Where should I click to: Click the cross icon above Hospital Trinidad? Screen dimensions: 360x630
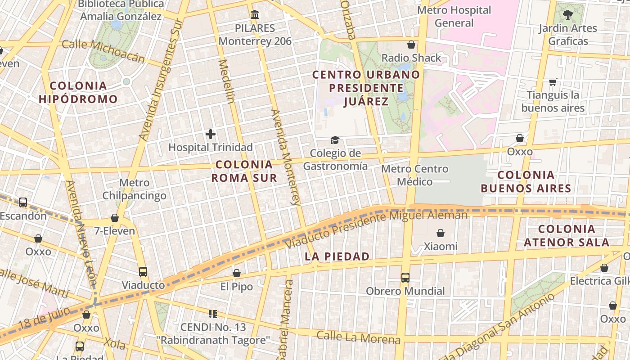point(210,134)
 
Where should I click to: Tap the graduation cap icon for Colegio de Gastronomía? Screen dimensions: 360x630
point(335,140)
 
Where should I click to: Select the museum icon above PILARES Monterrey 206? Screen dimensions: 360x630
point(255,15)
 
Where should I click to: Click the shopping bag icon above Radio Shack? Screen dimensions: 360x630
point(411,45)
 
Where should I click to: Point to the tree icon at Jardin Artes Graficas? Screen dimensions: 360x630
point(568,15)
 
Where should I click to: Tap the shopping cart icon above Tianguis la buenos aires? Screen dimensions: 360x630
point(553,82)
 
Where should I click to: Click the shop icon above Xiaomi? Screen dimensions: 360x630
point(441,233)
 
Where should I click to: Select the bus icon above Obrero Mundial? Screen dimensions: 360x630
point(405,278)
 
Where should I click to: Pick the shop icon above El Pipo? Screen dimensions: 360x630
point(237,273)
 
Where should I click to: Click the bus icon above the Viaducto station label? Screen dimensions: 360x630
point(143,272)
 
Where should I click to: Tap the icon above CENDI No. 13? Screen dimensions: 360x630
point(212,314)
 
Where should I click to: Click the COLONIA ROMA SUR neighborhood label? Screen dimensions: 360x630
point(244,171)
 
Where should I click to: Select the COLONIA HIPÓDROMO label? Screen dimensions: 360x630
point(78,92)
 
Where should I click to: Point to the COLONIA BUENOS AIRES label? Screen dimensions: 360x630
point(526,181)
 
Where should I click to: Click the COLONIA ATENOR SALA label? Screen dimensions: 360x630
point(567,235)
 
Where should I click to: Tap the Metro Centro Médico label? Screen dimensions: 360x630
point(414,175)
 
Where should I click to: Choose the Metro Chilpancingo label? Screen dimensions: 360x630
point(134,189)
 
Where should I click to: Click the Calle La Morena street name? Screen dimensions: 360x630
point(358,337)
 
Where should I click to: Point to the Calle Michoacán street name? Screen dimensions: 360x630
point(103,51)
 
